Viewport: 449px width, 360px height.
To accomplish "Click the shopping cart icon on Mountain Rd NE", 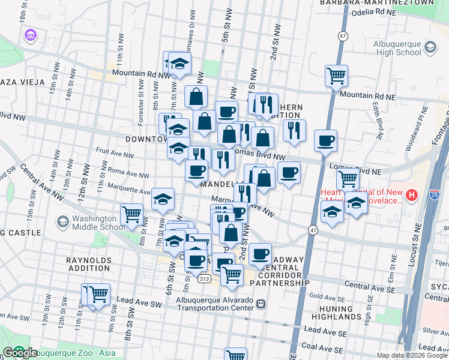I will click(336, 76).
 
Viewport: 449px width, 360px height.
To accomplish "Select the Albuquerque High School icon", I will click(430, 47).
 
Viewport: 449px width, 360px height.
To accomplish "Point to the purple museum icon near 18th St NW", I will click(29, 37).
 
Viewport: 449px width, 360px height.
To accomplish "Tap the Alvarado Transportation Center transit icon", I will click(261, 304).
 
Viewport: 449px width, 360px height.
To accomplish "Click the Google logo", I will click(20, 353).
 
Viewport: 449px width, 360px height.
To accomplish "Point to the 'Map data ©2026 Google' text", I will click(411, 355).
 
